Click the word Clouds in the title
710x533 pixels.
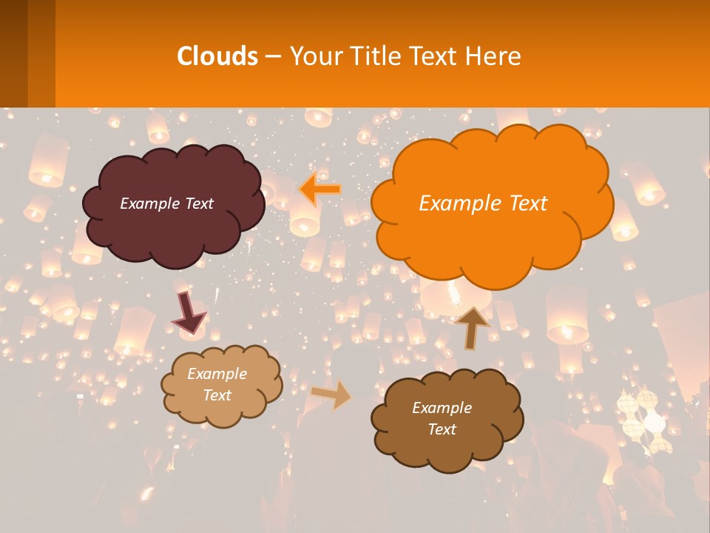coord(217,56)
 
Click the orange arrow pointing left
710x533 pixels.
coord(320,190)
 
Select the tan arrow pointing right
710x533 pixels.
coord(331,394)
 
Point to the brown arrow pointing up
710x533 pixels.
coord(472,327)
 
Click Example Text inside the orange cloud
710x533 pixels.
coord(483,203)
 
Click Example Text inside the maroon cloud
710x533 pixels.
coord(166,203)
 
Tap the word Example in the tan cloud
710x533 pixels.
coord(217,374)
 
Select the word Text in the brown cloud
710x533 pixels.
coord(442,429)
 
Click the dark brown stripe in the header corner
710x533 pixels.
coord(14,53)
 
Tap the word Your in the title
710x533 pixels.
coord(314,56)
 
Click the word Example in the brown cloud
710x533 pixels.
coord(442,408)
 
